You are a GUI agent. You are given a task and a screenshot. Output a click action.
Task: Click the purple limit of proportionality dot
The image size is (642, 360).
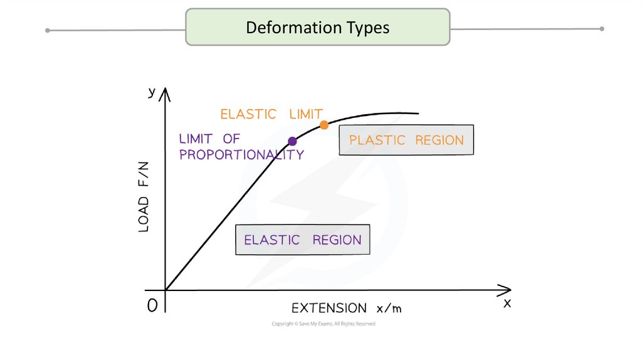pyautogui.click(x=292, y=141)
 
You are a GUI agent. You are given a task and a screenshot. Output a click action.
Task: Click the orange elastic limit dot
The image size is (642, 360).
pyautogui.click(x=324, y=125)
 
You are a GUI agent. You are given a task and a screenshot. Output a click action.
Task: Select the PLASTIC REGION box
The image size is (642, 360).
pyautogui.click(x=406, y=140)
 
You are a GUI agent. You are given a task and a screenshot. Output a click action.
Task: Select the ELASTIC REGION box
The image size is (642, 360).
pyautogui.click(x=302, y=240)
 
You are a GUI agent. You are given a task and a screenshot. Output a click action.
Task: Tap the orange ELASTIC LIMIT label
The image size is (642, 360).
pyautogui.click(x=271, y=114)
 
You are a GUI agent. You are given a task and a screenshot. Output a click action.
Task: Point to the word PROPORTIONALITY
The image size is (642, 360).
pyautogui.click(x=241, y=154)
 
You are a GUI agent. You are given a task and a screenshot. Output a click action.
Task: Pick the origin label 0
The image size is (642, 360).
pyautogui.click(x=152, y=305)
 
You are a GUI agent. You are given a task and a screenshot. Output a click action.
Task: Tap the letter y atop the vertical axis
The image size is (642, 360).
pyautogui.click(x=152, y=92)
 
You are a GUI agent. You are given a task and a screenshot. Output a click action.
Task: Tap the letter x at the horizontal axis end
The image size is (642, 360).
pyautogui.click(x=507, y=303)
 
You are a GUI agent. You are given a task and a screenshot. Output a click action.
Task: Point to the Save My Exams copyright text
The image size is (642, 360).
pyautogui.click(x=324, y=324)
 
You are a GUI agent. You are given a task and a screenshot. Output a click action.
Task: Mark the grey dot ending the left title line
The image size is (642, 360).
pyautogui.click(x=48, y=30)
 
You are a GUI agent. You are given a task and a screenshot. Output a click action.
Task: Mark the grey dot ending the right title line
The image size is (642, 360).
pyautogui.click(x=602, y=28)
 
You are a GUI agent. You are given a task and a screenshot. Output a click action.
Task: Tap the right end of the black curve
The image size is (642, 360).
pyautogui.click(x=418, y=114)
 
